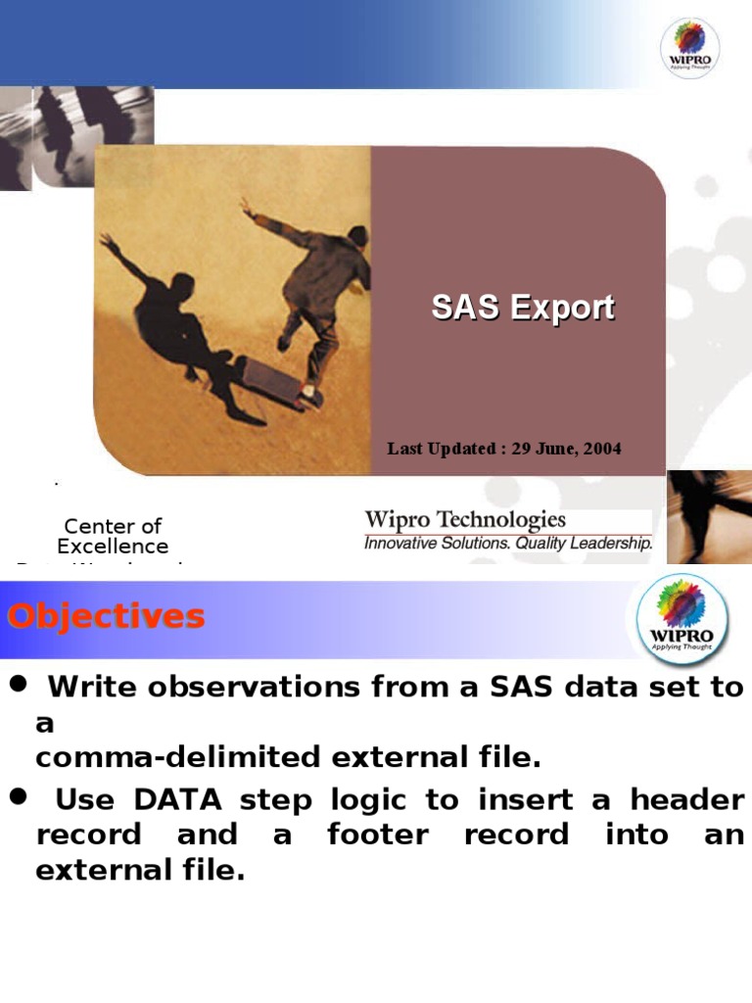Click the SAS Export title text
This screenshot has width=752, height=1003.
(523, 308)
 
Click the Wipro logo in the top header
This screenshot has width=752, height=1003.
(689, 46)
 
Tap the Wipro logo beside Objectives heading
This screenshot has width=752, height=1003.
(682, 620)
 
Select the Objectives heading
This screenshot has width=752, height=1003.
(106, 617)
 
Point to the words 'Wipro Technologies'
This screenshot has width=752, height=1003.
(465, 520)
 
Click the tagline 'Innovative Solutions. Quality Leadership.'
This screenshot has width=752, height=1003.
(507, 543)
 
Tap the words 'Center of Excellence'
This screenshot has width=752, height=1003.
(113, 536)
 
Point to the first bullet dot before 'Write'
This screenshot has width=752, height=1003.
(17, 685)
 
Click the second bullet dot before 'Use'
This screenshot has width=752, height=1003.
(17, 798)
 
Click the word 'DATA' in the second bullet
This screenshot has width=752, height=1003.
(177, 800)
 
